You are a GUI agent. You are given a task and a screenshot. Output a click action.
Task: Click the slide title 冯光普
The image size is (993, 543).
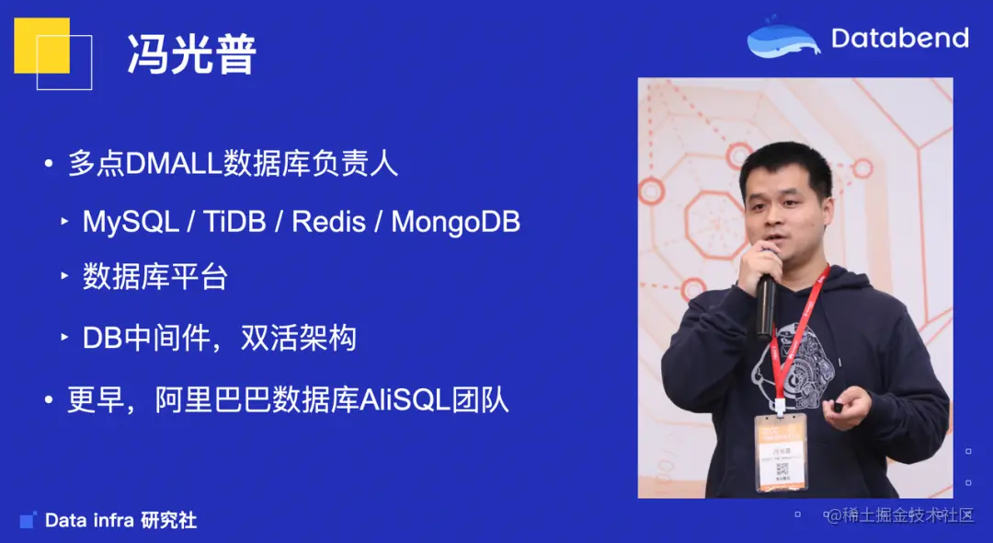coord(192,55)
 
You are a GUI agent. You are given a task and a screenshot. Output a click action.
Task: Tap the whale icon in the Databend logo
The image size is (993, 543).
coord(782,39)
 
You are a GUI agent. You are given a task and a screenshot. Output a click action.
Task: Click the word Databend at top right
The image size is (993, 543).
coord(899,38)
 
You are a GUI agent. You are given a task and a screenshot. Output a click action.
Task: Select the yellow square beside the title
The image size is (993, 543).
coord(41,45)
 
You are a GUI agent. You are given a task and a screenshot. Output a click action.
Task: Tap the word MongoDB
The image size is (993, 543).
coord(455,222)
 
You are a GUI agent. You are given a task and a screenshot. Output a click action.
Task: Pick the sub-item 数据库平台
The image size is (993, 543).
coord(154,278)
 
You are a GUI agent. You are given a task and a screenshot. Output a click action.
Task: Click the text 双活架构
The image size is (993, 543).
coord(298,339)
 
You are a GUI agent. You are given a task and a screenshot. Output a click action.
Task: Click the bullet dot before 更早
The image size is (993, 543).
coord(49,402)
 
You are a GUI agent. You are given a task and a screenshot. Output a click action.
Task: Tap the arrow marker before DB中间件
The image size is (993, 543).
coord(64,339)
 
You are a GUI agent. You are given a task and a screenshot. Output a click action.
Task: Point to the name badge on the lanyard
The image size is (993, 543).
coord(781,452)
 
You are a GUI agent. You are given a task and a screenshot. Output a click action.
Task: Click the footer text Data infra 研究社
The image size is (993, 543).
coord(120,521)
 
